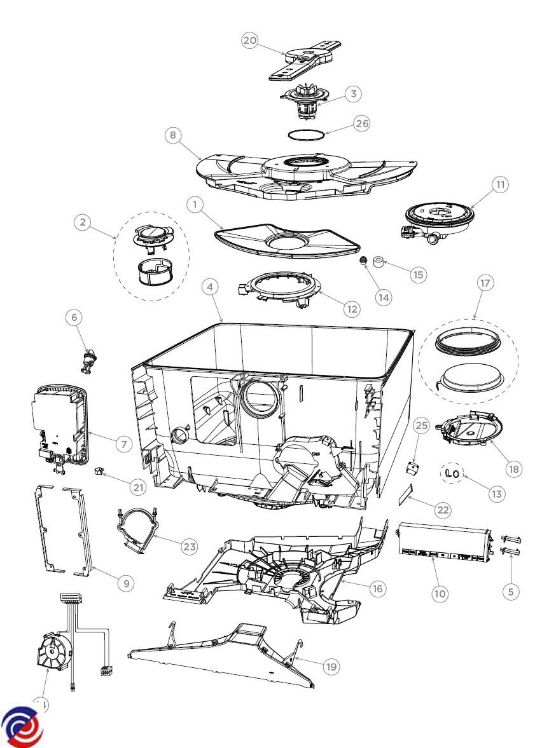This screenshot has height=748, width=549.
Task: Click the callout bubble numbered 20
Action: (x=250, y=40)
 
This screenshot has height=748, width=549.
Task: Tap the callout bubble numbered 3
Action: (x=353, y=93)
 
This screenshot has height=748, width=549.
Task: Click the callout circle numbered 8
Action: (x=172, y=135)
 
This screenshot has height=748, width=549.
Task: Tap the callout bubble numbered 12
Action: (x=351, y=308)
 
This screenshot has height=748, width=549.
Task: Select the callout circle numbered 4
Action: (x=210, y=287)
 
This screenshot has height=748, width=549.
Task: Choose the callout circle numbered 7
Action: (x=124, y=444)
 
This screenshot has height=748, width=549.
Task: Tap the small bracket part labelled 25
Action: (x=413, y=470)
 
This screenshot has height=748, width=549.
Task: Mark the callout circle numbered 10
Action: (x=440, y=594)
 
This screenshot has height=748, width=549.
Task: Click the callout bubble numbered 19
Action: (x=330, y=666)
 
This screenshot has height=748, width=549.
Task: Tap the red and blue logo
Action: (x=22, y=726)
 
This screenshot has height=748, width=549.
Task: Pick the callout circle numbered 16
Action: (x=377, y=588)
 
